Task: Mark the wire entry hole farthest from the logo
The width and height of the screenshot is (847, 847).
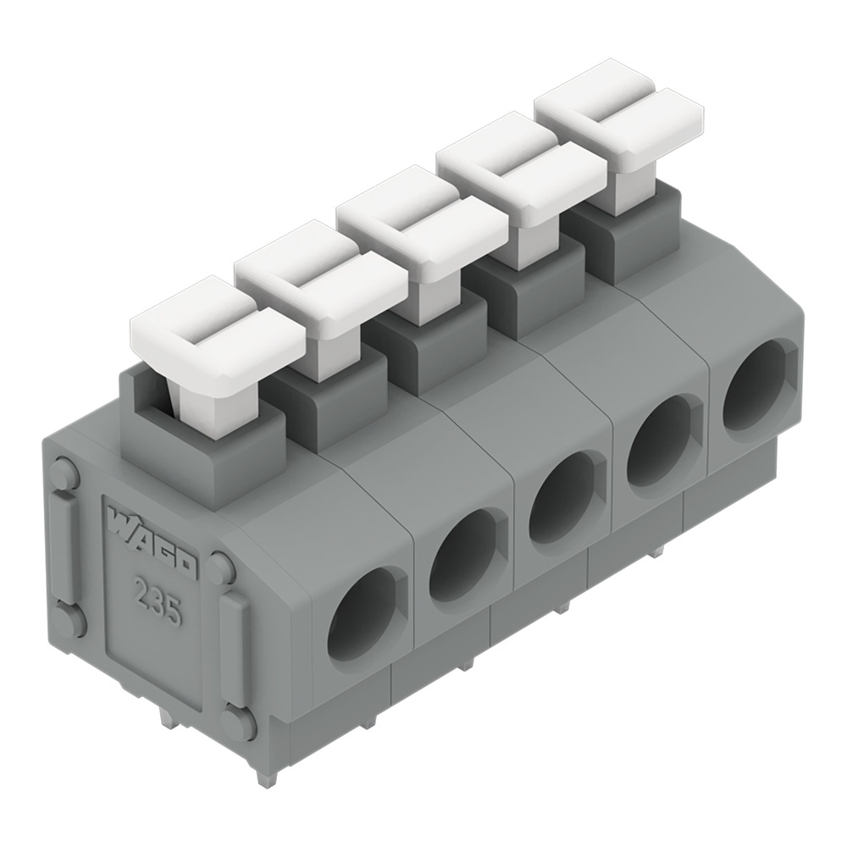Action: [756, 385]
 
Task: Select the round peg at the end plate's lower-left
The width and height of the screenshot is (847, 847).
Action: [69, 621]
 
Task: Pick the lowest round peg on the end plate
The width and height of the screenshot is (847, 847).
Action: [238, 723]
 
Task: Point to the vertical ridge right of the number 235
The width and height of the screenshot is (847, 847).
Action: [234, 648]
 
